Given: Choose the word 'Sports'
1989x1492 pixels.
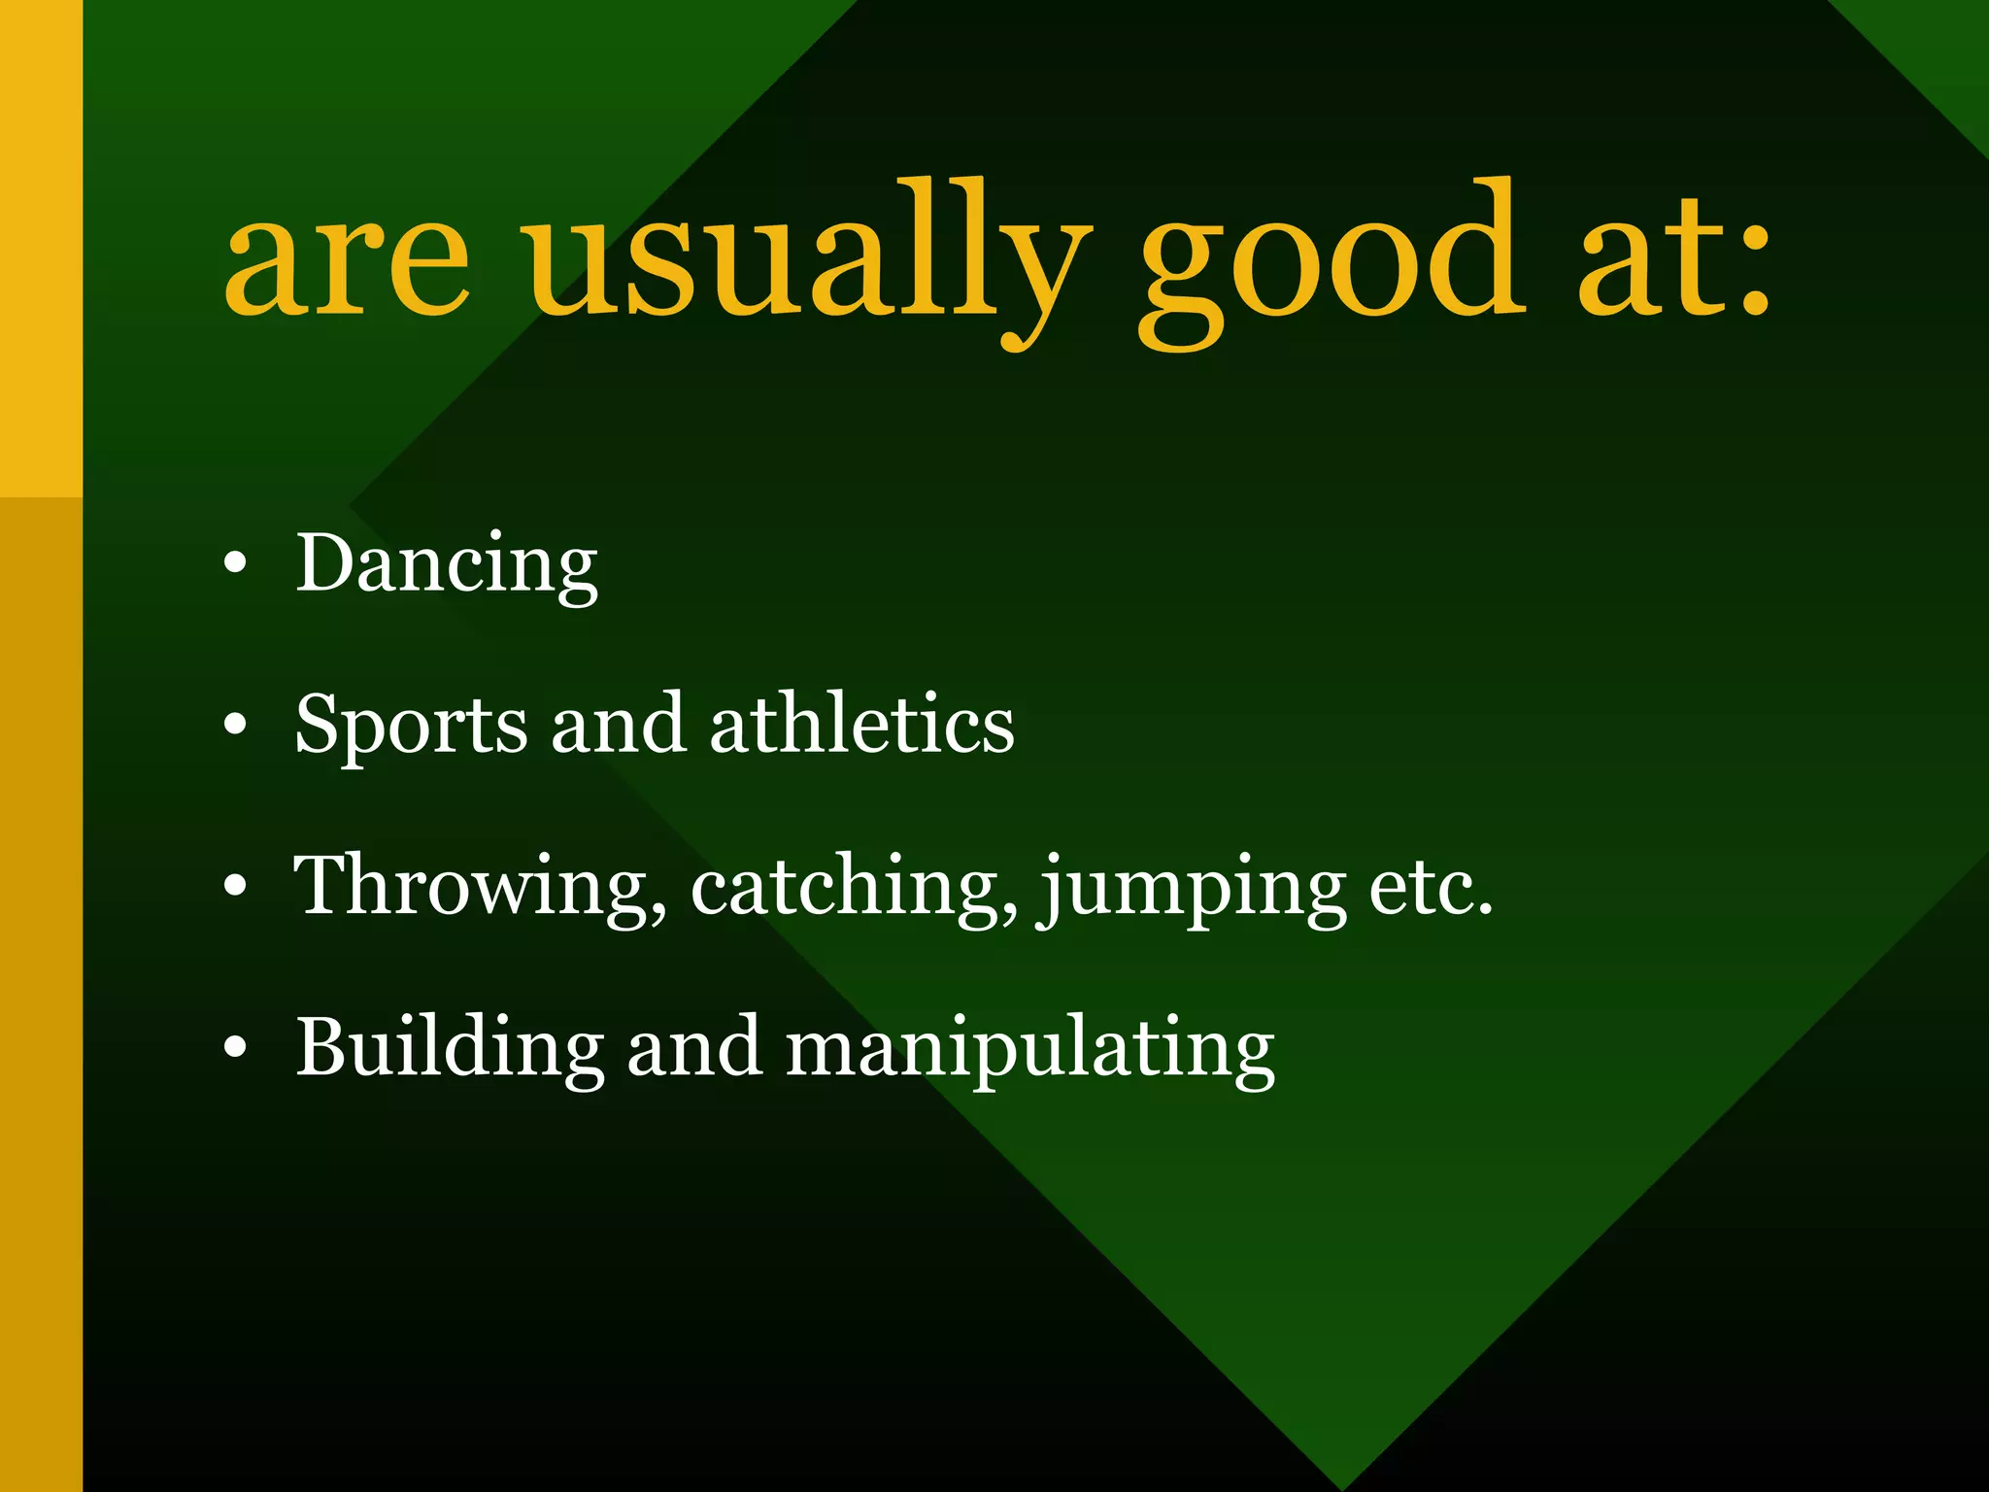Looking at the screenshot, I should pos(411,726).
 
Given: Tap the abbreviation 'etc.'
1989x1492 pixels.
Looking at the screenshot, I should pos(1430,886).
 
